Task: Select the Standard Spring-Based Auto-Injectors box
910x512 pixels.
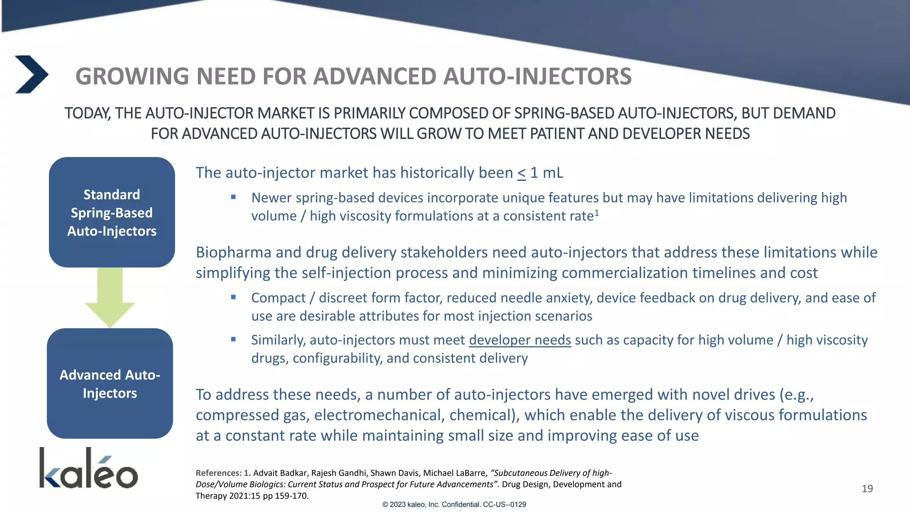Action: [x=112, y=212]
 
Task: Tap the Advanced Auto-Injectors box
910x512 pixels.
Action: [x=110, y=384]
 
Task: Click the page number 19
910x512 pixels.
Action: [x=867, y=489]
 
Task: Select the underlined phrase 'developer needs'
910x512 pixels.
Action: [x=519, y=340]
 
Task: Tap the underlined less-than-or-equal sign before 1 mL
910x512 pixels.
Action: [x=521, y=173]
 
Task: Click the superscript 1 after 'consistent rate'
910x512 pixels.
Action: [x=597, y=213]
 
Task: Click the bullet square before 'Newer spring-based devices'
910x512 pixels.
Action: [x=233, y=197]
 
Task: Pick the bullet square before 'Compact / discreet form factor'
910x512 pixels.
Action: [x=233, y=297]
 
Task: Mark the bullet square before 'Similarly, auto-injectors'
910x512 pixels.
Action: [x=233, y=339]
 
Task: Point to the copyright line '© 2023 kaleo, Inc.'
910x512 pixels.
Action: [x=454, y=504]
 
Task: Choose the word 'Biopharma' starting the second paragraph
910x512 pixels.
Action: [x=233, y=252]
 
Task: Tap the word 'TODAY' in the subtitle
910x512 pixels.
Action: [x=88, y=113]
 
